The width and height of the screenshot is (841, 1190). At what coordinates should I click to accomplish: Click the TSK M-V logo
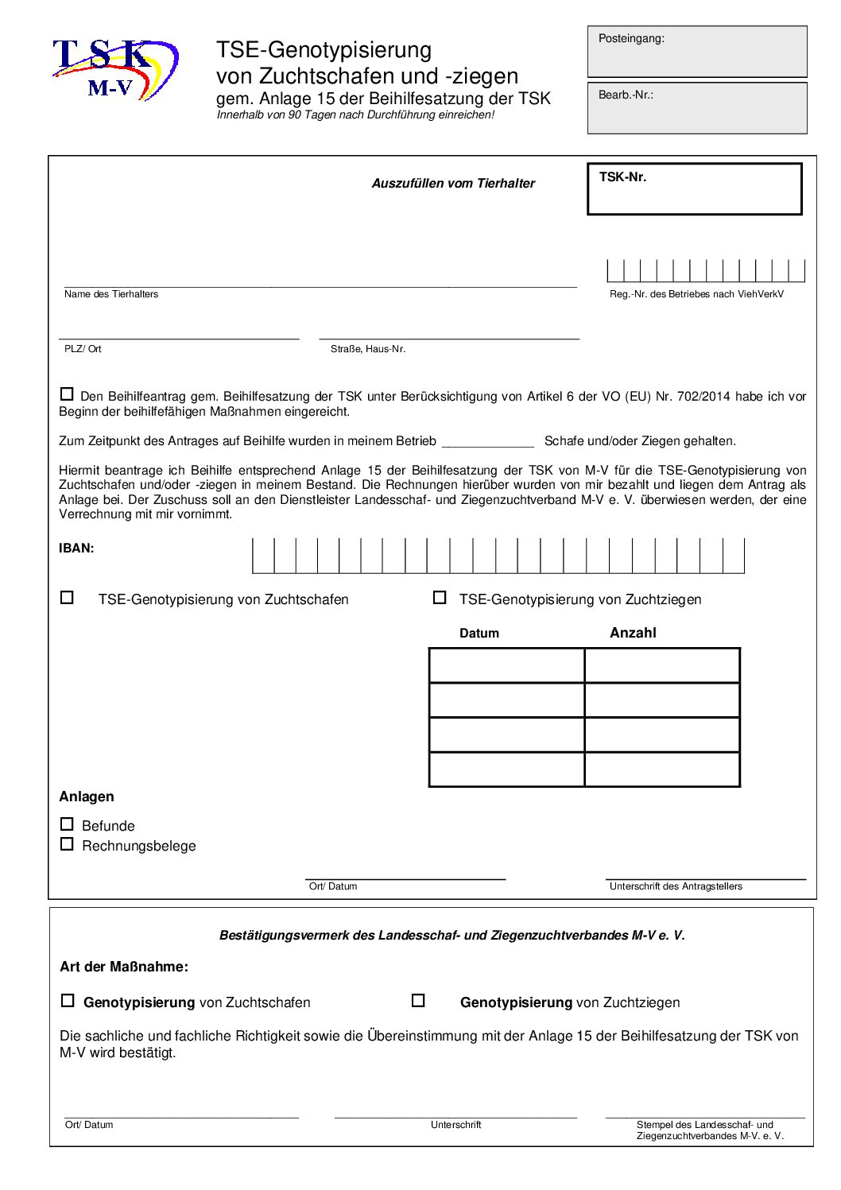pyautogui.click(x=115, y=69)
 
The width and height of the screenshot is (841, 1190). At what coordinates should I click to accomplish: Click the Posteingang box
pyautogui.click(x=697, y=52)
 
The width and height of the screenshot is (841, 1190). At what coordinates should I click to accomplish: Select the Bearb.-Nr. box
pyautogui.click(x=697, y=108)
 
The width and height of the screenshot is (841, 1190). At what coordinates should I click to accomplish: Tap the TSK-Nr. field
pyautogui.click(x=694, y=189)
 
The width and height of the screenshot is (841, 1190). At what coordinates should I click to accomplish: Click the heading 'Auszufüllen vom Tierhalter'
pyautogui.click(x=453, y=184)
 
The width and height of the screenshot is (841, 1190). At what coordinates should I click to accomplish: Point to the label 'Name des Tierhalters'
pyautogui.click(x=111, y=294)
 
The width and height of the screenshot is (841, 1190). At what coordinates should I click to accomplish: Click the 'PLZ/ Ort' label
pyautogui.click(x=83, y=349)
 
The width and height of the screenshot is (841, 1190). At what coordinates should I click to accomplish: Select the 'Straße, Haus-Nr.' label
pyautogui.click(x=368, y=349)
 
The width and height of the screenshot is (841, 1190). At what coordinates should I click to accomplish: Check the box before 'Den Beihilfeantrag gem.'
pyautogui.click(x=67, y=393)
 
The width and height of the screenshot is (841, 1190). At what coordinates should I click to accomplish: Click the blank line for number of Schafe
pyautogui.click(x=487, y=441)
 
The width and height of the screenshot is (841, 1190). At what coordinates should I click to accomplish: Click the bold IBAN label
pyautogui.click(x=76, y=548)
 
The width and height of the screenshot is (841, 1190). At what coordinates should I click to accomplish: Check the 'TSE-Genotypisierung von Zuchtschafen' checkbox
pyautogui.click(x=67, y=597)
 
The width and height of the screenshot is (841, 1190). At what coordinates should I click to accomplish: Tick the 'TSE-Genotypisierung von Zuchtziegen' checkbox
pyautogui.click(x=439, y=597)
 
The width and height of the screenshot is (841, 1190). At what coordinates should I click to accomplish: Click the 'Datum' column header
pyautogui.click(x=479, y=634)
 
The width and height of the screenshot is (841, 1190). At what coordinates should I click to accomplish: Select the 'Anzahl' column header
pyautogui.click(x=633, y=633)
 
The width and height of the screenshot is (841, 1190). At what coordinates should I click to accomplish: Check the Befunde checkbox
pyautogui.click(x=67, y=824)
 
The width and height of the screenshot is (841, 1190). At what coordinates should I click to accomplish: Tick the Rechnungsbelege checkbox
pyautogui.click(x=67, y=844)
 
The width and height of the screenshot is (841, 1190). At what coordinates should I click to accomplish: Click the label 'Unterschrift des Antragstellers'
pyautogui.click(x=676, y=886)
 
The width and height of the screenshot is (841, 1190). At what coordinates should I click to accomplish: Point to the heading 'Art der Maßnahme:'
pyautogui.click(x=124, y=967)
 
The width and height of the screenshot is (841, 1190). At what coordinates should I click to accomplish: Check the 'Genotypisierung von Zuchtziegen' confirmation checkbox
pyautogui.click(x=418, y=1001)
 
